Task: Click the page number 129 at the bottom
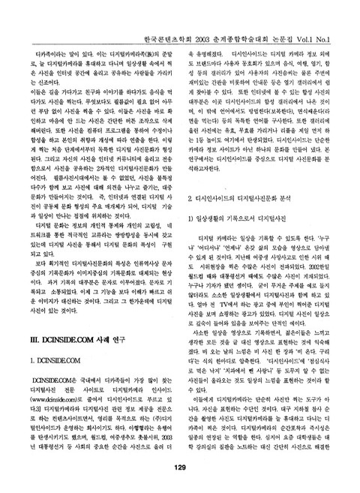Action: [179, 467]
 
